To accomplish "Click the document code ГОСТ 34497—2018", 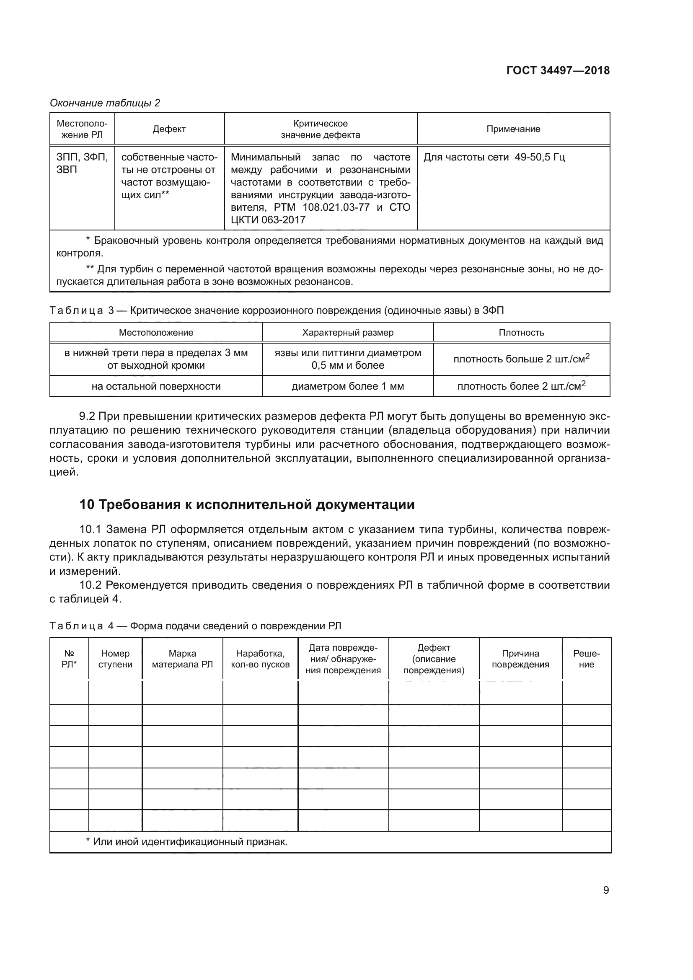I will (558, 70).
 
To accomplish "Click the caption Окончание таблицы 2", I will (105, 103).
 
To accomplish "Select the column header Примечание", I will (513, 129).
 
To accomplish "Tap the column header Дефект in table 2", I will (169, 129).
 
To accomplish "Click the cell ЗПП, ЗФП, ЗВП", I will (82, 163).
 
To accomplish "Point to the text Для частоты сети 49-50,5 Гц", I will (494, 157).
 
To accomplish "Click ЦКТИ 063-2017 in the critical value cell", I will (268, 220).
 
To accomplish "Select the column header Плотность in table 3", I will (521, 333).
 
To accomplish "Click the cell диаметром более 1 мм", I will (347, 386).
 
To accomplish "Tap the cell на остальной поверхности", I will (156, 386).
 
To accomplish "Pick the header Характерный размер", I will (347, 333).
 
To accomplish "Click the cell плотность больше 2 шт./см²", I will (521, 359).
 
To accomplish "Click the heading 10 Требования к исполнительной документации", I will (247, 504).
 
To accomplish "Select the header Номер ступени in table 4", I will (115, 659).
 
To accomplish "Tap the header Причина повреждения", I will (520, 659).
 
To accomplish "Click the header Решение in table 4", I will (586, 659).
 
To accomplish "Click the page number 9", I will (605, 890).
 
